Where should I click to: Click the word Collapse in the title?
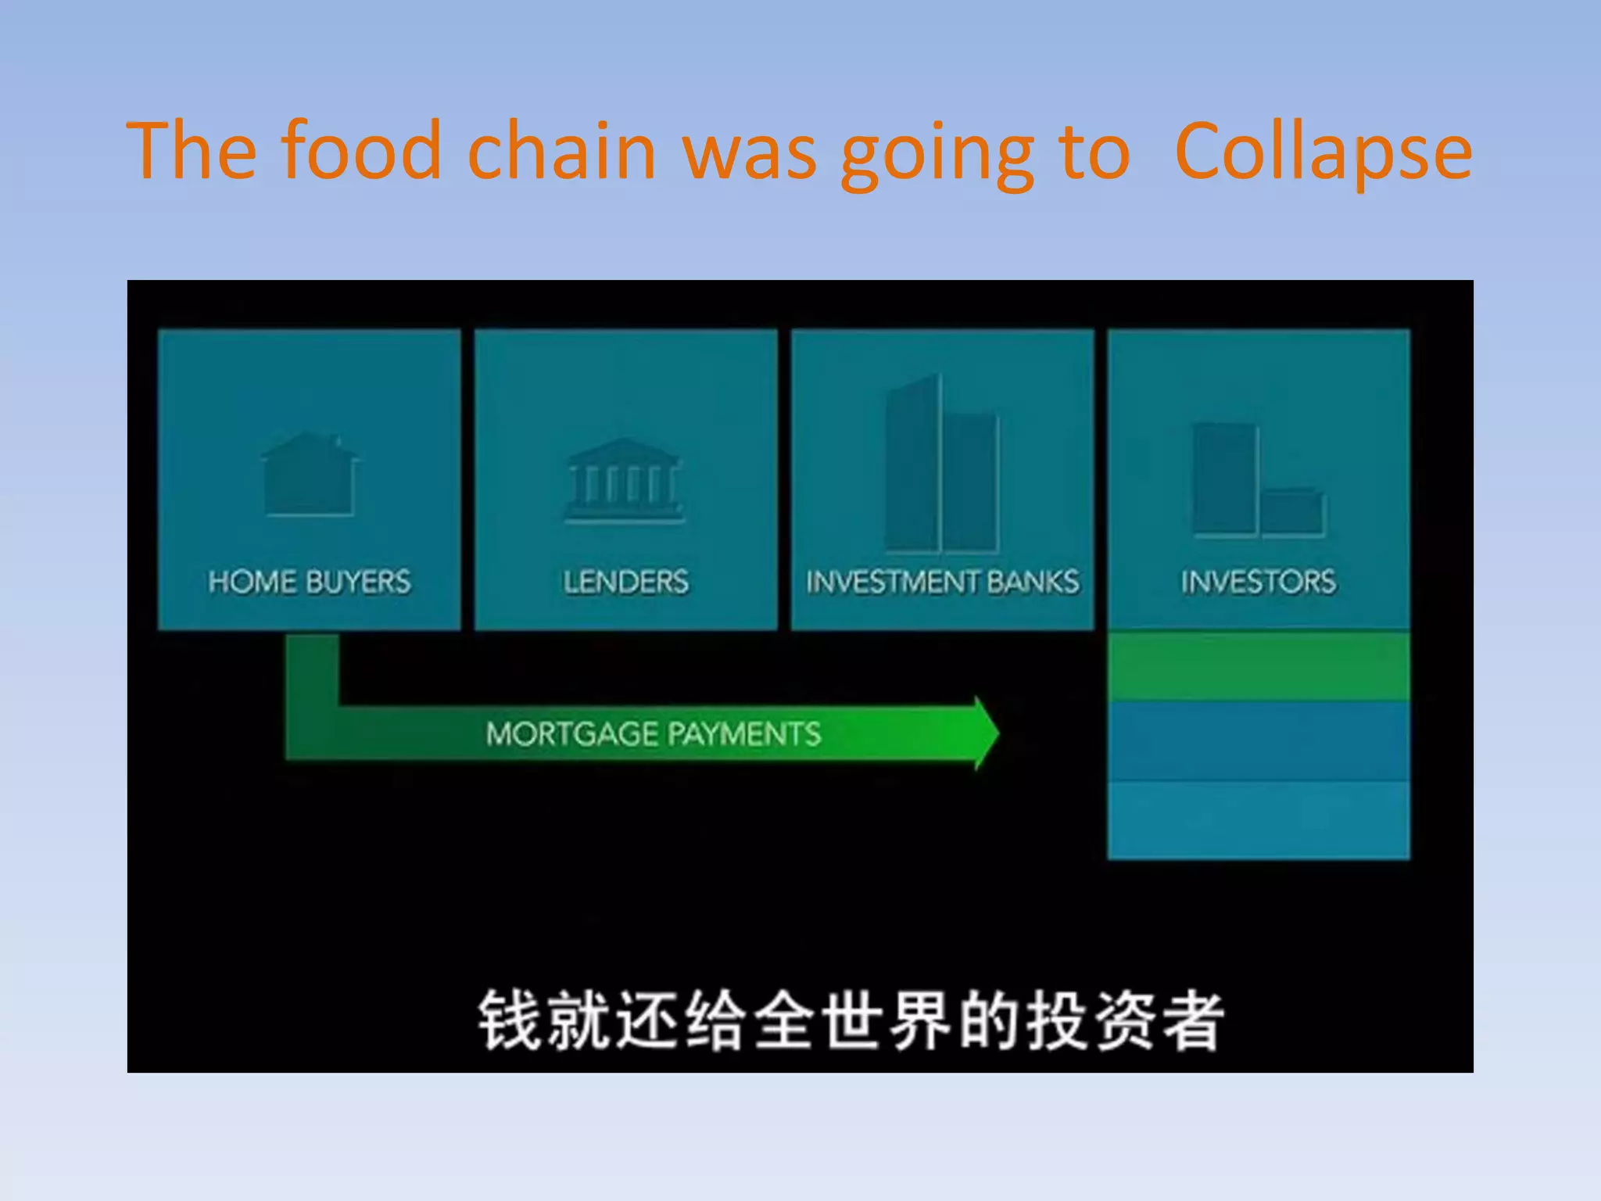(1323, 152)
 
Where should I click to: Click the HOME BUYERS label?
(309, 582)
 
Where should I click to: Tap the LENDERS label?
(625, 582)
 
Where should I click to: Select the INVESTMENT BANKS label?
(942, 582)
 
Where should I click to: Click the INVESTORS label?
(1259, 582)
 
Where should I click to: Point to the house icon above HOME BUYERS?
(310, 475)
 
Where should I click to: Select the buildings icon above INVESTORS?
(1257, 480)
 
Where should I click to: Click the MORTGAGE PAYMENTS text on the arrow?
(653, 733)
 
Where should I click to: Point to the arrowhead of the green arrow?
(985, 733)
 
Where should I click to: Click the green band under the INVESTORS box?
(1259, 665)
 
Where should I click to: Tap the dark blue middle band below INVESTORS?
(1259, 740)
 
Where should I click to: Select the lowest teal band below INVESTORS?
(1259, 819)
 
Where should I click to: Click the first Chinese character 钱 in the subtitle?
(509, 1020)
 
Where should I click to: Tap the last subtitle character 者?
(1192, 1020)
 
